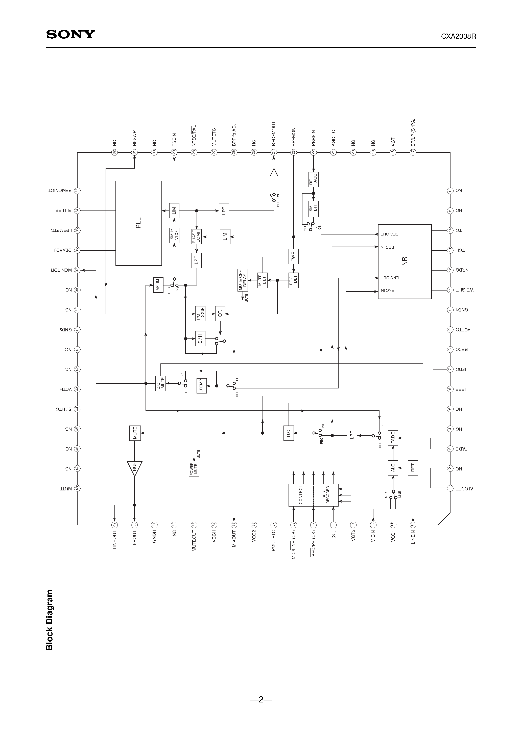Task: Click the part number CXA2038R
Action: (458, 37)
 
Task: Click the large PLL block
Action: (139, 223)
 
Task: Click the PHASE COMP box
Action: (196, 236)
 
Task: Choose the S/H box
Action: (200, 339)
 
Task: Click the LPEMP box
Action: (201, 386)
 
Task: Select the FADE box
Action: (393, 438)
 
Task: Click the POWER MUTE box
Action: (194, 469)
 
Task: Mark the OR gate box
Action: (220, 314)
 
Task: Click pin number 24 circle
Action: (274, 152)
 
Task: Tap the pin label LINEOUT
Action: (114, 540)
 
